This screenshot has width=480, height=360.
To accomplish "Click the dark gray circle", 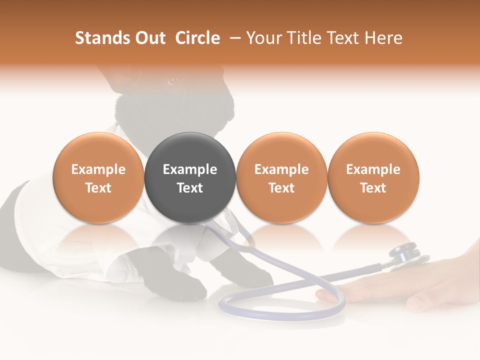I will click(x=190, y=178).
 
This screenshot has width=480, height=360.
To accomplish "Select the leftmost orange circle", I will click(x=98, y=178).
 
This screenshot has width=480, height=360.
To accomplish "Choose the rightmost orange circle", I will click(x=373, y=178).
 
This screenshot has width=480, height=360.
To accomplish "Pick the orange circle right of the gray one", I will click(x=281, y=178).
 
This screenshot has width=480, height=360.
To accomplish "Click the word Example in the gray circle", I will click(x=190, y=169).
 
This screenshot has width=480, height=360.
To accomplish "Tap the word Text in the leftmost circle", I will click(x=98, y=188).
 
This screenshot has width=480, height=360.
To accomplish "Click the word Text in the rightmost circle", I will click(x=373, y=188).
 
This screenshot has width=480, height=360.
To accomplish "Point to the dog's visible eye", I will click(x=173, y=80).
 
